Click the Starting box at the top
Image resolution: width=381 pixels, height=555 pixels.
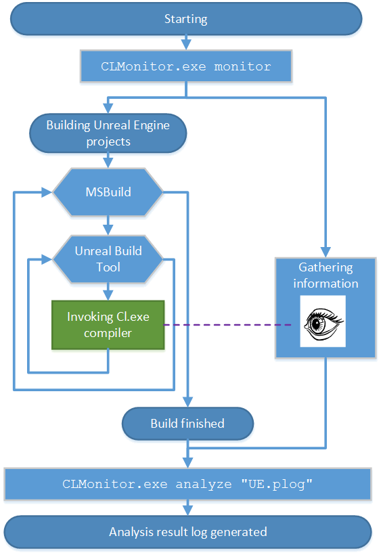click(186, 18)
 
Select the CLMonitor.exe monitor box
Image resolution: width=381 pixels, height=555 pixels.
click(186, 66)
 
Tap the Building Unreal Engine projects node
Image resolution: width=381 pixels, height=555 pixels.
click(108, 133)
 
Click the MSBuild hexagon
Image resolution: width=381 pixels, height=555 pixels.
click(108, 192)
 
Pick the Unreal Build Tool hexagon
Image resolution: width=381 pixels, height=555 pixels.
click(108, 258)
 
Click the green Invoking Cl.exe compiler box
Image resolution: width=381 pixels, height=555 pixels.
click(108, 324)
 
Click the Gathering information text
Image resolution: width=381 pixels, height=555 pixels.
click(326, 275)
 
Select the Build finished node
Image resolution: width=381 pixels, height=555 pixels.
click(187, 424)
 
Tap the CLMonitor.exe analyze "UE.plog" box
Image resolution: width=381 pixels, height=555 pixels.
click(187, 484)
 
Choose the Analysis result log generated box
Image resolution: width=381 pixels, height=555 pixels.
click(187, 531)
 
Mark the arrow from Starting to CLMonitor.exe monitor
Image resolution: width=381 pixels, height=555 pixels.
click(186, 42)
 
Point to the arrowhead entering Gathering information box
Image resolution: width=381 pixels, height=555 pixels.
click(326, 252)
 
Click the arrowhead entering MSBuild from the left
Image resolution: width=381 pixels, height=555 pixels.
click(47, 192)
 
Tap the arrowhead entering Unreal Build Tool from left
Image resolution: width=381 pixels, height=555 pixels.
click(47, 258)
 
